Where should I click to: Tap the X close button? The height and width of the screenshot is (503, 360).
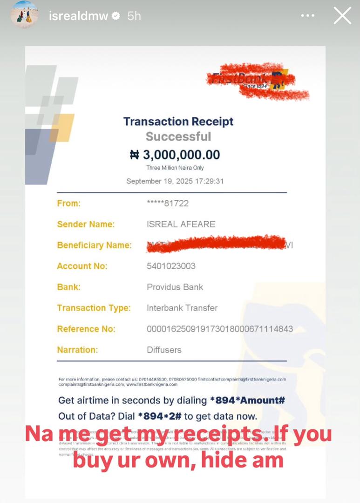(342, 16)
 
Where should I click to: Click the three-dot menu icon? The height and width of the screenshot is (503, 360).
(308, 16)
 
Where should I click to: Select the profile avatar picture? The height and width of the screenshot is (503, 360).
(24, 14)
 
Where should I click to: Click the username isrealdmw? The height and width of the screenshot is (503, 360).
(78, 16)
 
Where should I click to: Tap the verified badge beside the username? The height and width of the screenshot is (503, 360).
(116, 16)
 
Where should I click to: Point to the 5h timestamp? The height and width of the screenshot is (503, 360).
(134, 16)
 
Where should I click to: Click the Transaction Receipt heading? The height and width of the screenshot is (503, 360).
(178, 122)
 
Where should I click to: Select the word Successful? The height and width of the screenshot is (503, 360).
(178, 136)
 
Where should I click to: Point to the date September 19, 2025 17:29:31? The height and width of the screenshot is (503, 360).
(175, 181)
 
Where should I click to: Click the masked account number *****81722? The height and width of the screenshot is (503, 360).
(168, 204)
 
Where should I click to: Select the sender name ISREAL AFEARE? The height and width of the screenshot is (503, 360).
(181, 224)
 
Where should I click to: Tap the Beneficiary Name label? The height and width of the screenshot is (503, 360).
(94, 245)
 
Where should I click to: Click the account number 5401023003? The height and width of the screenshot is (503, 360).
(171, 266)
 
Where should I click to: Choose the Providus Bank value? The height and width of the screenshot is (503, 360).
(175, 287)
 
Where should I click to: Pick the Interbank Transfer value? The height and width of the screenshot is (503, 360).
(182, 308)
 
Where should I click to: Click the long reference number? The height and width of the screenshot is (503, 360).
(220, 329)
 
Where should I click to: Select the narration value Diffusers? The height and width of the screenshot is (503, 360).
(164, 350)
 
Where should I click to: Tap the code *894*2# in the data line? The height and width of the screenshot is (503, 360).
(160, 416)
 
